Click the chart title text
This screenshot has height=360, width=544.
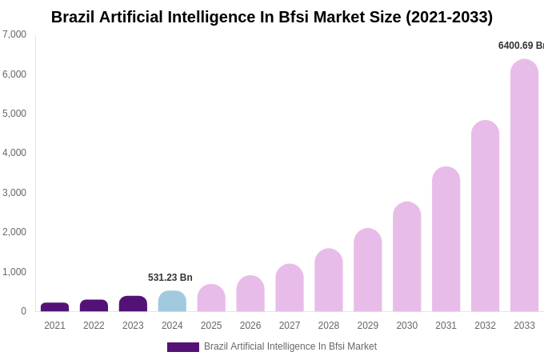click(x=272, y=17)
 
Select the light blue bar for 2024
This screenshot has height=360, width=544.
click(x=172, y=302)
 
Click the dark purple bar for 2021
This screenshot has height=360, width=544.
click(x=54, y=307)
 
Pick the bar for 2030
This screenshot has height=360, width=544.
click(x=406, y=257)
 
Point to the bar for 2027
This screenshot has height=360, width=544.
click(x=290, y=288)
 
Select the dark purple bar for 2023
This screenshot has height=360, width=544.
click(x=133, y=304)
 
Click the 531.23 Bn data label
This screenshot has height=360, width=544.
click(x=170, y=278)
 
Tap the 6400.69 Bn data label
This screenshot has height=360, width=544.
click(x=521, y=46)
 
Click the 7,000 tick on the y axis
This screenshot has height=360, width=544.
click(x=14, y=34)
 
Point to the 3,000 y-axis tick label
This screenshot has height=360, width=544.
click(x=14, y=193)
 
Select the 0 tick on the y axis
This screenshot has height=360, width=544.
click(x=23, y=311)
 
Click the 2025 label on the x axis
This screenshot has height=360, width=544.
click(x=211, y=326)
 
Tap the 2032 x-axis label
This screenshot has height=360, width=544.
click(x=485, y=326)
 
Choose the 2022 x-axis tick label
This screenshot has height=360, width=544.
click(x=94, y=326)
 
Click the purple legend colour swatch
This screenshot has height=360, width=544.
click(x=182, y=347)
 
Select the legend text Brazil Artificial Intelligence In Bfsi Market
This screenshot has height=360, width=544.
click(x=290, y=346)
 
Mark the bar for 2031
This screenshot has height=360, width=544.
click(x=446, y=239)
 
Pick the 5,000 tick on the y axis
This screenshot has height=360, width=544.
click(x=14, y=114)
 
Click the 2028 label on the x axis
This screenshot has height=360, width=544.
click(x=329, y=326)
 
